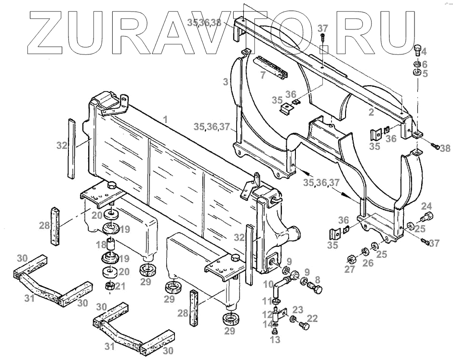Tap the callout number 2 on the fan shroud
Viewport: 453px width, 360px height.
[371, 112]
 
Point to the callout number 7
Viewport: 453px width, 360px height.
[262, 75]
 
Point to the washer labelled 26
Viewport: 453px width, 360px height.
[365, 251]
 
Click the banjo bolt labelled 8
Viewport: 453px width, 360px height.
[317, 289]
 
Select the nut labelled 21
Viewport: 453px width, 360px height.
[109, 287]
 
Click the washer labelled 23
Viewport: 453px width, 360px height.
[293, 320]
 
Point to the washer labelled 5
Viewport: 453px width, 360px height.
[417, 73]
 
